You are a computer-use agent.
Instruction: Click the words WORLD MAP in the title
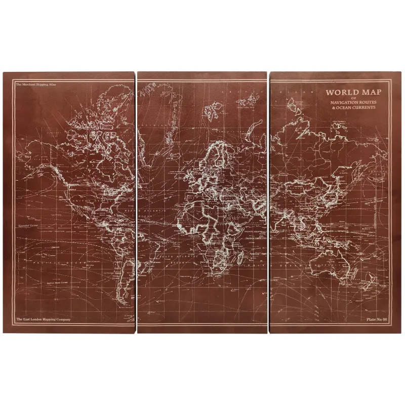353,92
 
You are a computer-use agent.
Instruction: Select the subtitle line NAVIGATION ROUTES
353,103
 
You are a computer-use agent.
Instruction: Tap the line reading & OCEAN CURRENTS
353,108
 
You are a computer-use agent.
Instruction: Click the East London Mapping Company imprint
43,319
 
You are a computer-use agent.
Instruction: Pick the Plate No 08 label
377,319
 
